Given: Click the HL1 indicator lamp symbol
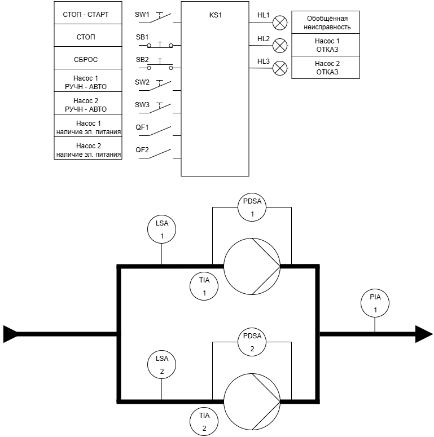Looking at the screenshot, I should (279, 23).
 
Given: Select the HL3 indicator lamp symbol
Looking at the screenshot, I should (279, 69).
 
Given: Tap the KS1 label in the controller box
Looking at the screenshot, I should (216, 15).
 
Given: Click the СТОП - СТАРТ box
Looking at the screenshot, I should (89, 14).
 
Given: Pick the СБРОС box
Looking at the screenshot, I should (89, 59).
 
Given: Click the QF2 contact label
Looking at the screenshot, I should (142, 149).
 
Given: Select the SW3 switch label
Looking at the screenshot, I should (142, 104).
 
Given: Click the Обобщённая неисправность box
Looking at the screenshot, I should (325, 23).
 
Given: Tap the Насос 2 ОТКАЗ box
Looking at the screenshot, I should (325, 68).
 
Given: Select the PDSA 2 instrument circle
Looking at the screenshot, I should (252, 341).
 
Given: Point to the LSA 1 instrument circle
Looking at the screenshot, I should (161, 229).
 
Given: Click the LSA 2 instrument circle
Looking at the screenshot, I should (161, 364).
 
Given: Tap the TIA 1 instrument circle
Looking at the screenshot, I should (204, 286).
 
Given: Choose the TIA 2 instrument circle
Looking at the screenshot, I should (204, 421).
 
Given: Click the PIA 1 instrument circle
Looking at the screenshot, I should (375, 303).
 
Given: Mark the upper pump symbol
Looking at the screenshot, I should (252, 265).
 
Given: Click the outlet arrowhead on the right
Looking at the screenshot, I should (424, 334).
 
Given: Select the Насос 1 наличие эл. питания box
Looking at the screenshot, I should (89, 127).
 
